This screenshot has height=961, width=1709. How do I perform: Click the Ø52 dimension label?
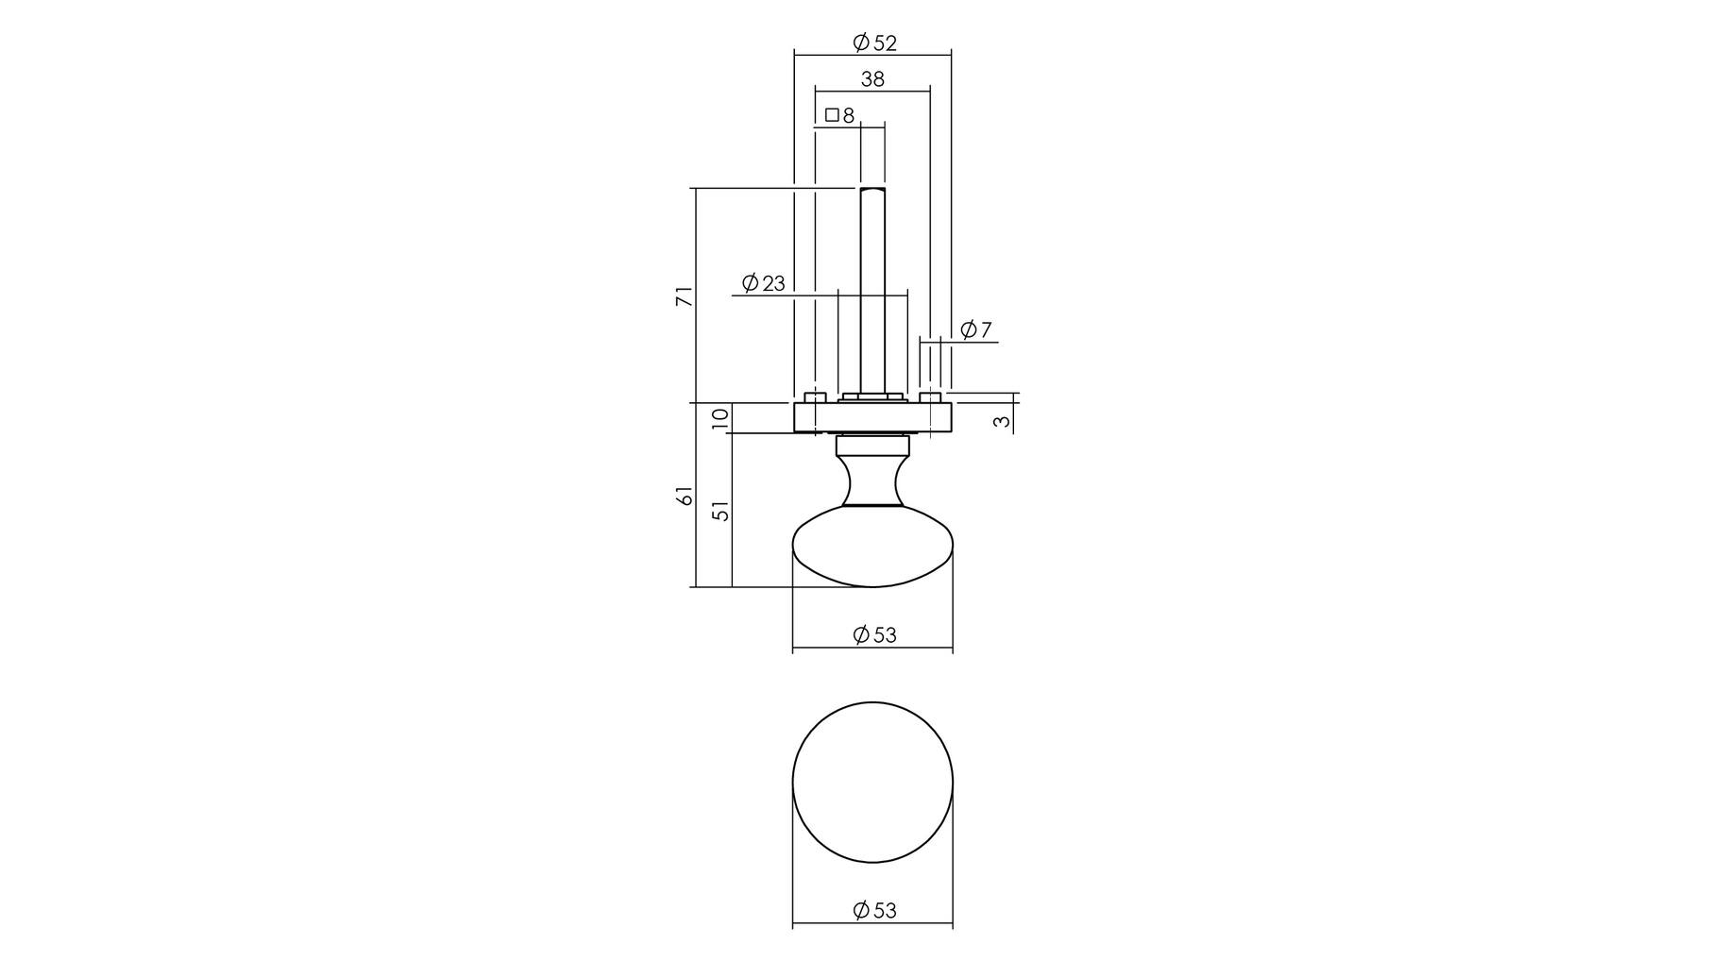[873, 42]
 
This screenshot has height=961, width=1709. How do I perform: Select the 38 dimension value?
[872, 79]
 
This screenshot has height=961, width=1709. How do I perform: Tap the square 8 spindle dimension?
[839, 115]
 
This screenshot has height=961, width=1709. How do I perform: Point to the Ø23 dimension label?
[763, 283]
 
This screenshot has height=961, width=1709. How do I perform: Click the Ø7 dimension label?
[976, 329]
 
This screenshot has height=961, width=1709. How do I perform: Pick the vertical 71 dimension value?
[685, 295]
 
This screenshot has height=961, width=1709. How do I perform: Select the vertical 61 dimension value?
[685, 496]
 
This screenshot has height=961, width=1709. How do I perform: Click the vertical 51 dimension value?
[720, 511]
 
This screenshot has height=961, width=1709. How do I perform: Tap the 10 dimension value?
[720, 417]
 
